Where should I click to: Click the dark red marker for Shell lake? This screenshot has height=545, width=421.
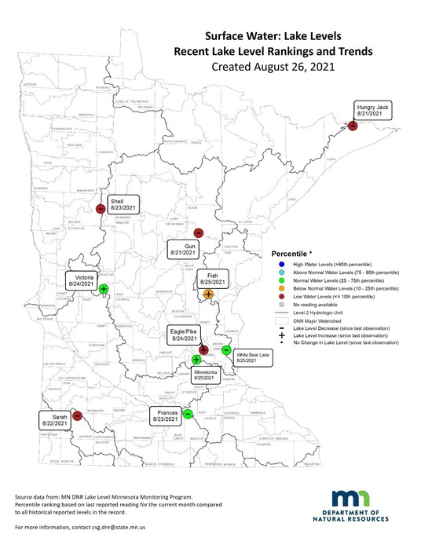point(101,209)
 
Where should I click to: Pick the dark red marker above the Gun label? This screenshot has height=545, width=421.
point(198,232)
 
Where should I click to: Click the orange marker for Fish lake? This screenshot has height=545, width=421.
point(207,294)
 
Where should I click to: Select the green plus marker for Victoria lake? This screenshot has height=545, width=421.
point(103,289)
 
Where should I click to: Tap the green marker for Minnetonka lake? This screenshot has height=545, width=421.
point(196,360)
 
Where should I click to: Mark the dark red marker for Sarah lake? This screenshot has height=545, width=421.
point(77,416)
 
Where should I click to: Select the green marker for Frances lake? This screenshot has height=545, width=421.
point(188,414)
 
